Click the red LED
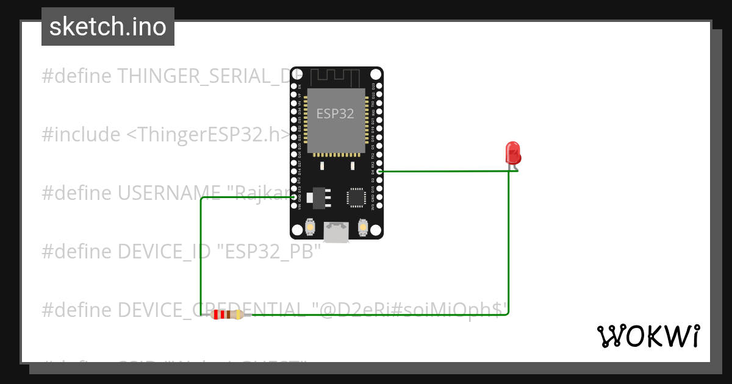513,152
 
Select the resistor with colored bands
227,315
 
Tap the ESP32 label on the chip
335,114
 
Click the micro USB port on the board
336,232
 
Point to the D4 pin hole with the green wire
379,171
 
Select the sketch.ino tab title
108,27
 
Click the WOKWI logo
648,336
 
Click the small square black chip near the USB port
356,197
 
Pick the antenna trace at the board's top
335,77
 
